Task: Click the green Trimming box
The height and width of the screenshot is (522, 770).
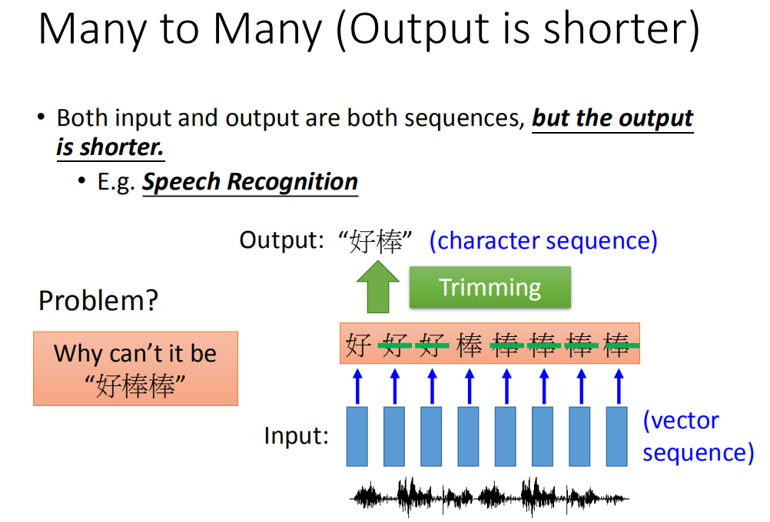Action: coord(490,287)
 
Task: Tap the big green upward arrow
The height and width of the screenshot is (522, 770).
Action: coord(377,287)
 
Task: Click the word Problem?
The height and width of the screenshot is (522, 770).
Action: coord(98,300)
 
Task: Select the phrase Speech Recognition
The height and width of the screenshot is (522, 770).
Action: coord(250,182)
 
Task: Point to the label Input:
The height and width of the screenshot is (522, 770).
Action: coord(296,435)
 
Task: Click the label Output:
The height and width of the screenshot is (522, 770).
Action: coord(282,240)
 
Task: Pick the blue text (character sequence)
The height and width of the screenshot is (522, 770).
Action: coord(543,241)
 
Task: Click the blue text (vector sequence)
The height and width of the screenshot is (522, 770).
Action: coord(698,436)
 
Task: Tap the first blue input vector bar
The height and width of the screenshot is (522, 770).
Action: coord(357,436)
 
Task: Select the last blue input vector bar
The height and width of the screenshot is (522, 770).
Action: coord(617,436)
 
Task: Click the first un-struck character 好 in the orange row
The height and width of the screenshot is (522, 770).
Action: coord(358,345)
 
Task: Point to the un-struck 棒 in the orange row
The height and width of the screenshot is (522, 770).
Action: coord(469,345)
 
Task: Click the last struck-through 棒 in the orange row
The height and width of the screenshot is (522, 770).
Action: coord(617,345)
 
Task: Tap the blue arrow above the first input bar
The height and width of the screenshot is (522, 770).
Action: coord(357,387)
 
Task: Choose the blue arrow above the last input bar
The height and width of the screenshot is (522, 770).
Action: coord(619,387)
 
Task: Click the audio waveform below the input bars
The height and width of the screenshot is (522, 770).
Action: coord(489,497)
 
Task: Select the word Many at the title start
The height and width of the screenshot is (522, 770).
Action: coord(92,29)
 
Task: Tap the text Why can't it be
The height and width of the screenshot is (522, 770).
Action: coord(135,353)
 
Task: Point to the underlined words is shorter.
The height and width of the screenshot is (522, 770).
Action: coord(110,147)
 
